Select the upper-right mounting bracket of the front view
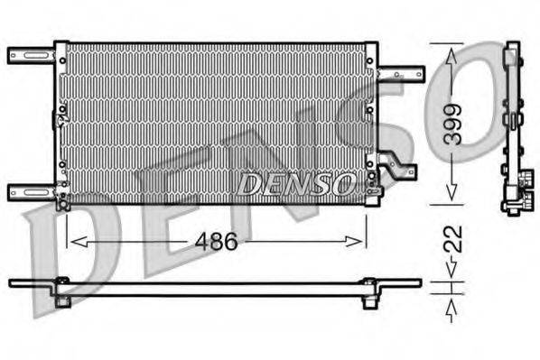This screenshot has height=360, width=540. click(400, 73)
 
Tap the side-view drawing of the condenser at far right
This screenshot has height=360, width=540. click(513, 126)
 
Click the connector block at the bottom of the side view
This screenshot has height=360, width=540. click(513, 197)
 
